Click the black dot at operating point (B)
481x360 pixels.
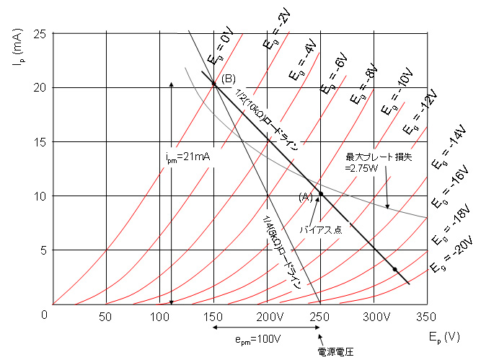[214, 84]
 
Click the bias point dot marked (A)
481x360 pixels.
[321, 194]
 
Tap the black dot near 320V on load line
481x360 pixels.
[395, 269]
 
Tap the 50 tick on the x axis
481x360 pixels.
[107, 317]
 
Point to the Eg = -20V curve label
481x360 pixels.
[450, 255]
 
